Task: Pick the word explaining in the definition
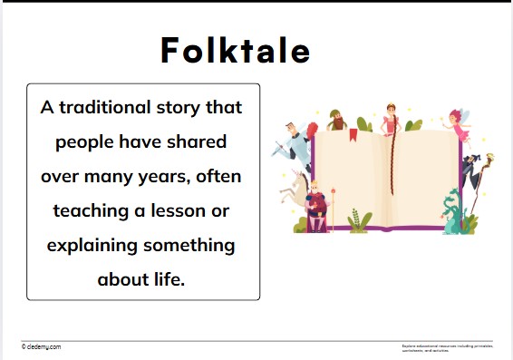click(x=91, y=246)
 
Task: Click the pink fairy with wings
click(x=459, y=127)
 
